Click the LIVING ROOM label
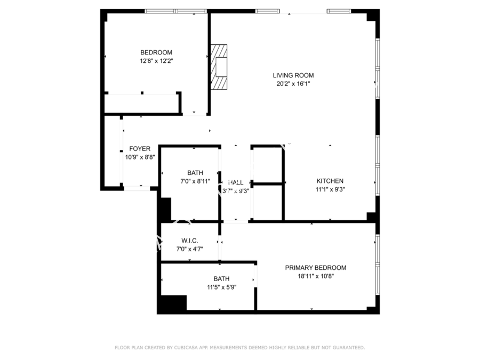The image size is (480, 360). click(x=293, y=75)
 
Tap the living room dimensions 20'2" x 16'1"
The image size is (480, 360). click(x=293, y=84)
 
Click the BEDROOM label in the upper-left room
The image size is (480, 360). click(x=156, y=52)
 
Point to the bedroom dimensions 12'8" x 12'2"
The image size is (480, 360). click(x=156, y=61)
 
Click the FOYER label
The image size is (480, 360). click(x=139, y=149)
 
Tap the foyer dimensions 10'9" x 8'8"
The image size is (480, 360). click(x=139, y=157)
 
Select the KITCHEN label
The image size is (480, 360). click(x=330, y=181)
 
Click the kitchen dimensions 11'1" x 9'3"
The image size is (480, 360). click(x=330, y=189)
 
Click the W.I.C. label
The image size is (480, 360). click(x=189, y=241)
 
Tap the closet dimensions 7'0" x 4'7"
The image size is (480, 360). click(x=189, y=249)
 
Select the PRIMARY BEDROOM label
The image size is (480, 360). click(x=315, y=268)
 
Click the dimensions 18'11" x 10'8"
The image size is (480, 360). click(x=315, y=276)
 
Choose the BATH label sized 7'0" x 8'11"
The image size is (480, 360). click(x=195, y=173)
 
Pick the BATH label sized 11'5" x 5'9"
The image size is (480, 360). click(x=221, y=278)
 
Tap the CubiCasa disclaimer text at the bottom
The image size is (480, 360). click(x=240, y=348)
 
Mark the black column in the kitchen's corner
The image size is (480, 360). click(x=372, y=217)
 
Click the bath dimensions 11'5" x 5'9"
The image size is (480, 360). click(x=221, y=287)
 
